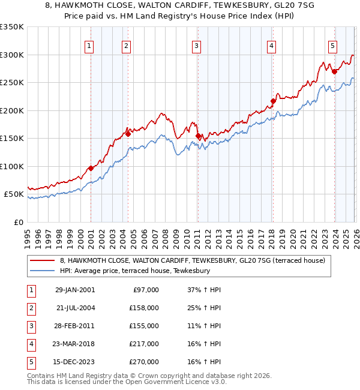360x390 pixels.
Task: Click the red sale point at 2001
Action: pos(91,168)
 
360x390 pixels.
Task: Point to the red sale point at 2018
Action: pos(272,101)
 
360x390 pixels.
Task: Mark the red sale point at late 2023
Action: pos(334,71)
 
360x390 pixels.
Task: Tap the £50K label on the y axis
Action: pos(13,194)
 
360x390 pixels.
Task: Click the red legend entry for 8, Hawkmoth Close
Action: pos(192,260)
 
